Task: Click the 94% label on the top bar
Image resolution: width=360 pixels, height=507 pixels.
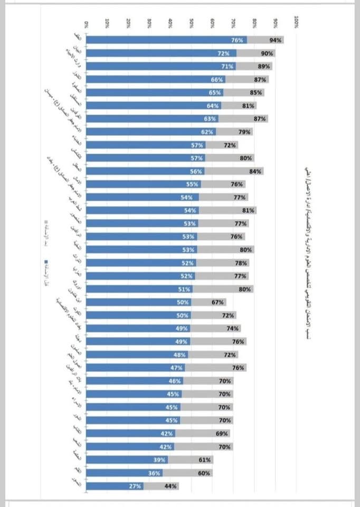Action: (274, 40)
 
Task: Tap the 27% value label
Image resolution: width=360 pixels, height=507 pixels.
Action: (135, 486)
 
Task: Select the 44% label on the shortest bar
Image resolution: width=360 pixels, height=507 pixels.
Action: (170, 486)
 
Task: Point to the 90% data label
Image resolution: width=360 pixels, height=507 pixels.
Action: (267, 53)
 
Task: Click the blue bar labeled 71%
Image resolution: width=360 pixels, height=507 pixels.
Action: (158, 67)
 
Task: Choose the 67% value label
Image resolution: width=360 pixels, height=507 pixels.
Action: (217, 303)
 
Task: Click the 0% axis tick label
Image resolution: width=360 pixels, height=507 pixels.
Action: (87, 24)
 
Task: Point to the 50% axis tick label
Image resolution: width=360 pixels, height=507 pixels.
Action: (192, 23)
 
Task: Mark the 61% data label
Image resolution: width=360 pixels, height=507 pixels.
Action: (205, 460)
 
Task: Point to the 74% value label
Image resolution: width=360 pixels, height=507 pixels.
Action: (233, 328)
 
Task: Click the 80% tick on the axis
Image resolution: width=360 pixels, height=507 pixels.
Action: (255, 23)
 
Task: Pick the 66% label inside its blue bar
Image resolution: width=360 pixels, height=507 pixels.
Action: (216, 80)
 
